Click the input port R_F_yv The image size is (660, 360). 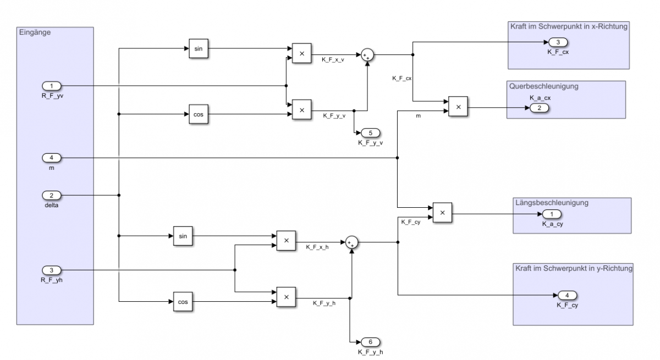[x=52, y=86]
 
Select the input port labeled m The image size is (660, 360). [x=52, y=158]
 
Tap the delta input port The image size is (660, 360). [x=52, y=195]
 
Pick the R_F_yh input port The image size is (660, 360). [x=52, y=270]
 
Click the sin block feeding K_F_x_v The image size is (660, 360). [x=198, y=48]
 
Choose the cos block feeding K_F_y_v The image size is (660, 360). [x=198, y=114]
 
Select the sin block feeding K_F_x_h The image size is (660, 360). [x=183, y=236]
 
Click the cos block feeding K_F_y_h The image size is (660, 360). [x=183, y=302]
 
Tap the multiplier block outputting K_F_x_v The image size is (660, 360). [x=301, y=53]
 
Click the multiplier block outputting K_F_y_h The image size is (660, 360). [x=286, y=297]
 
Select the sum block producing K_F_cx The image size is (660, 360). [x=367, y=54]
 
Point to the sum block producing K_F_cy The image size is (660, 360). [x=351, y=242]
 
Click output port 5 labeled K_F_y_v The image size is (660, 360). [x=370, y=134]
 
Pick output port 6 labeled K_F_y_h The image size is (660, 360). [x=370, y=342]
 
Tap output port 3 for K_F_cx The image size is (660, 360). [x=558, y=43]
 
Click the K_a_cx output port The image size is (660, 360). [x=540, y=108]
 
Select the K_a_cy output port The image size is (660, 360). [x=552, y=214]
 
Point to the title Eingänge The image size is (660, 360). [x=35, y=32]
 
